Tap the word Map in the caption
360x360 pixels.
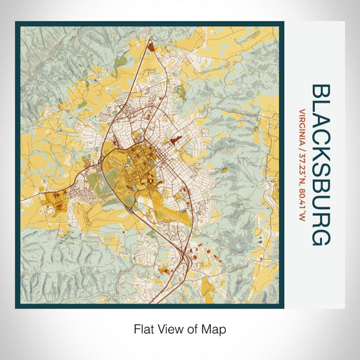(x=216, y=328)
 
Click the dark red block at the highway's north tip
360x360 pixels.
(x=150, y=48)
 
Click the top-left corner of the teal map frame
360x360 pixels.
(x=17, y=23)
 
